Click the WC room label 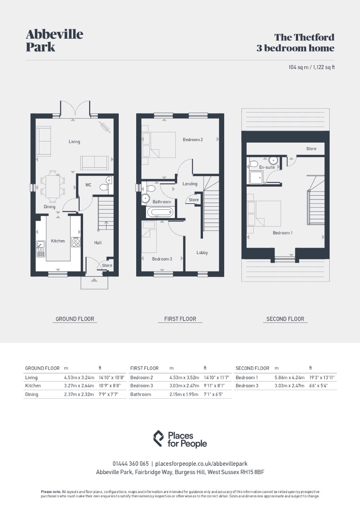[88, 185]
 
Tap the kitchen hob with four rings [76, 242]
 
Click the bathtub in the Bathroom [160, 213]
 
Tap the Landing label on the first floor [190, 184]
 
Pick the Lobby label [202, 253]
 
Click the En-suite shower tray [256, 178]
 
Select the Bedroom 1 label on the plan [283, 233]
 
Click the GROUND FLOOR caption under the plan [75, 319]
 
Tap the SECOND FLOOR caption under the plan [285, 319]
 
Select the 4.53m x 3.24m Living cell [79, 378]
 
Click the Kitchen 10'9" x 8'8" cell [110, 386]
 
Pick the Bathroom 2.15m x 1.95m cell [184, 394]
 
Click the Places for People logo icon [159, 438]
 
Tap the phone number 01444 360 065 [130, 463]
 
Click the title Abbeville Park [55, 41]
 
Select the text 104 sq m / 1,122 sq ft [311, 67]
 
